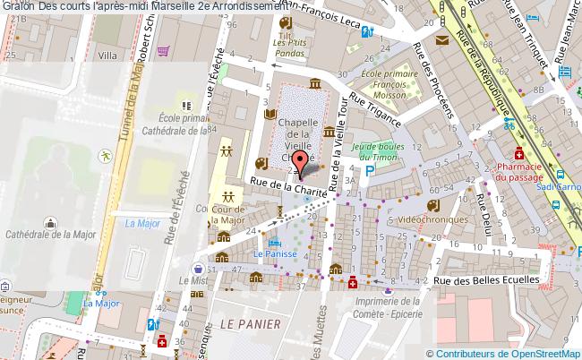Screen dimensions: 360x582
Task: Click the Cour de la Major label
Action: [x=224, y=215]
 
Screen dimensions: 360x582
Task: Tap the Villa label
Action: [x=108, y=79]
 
